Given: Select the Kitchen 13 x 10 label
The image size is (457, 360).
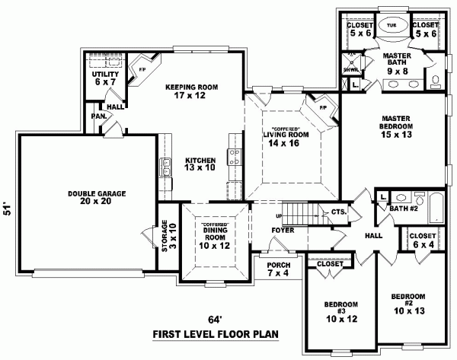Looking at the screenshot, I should pos(200,165).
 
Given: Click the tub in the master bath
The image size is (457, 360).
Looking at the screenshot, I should pos(391,26).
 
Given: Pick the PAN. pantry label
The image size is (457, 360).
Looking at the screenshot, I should pos(98,116).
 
